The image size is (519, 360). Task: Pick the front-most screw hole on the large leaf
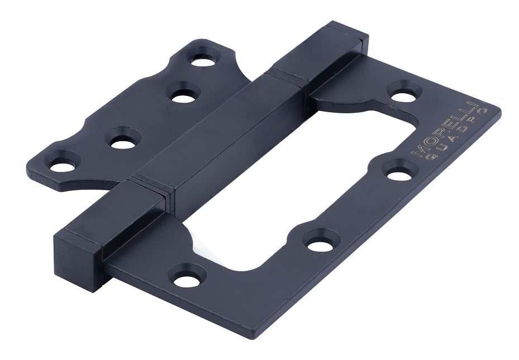pos(187,276)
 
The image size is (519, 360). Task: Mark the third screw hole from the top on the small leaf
pos(123,140)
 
